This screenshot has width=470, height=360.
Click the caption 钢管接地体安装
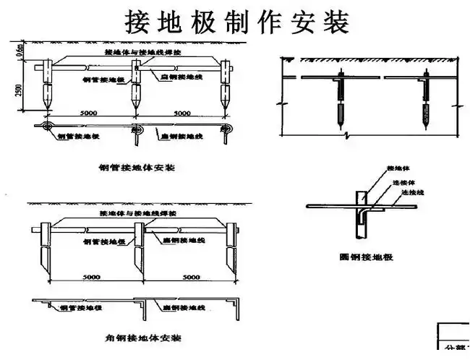pyautogui.click(x=138, y=168)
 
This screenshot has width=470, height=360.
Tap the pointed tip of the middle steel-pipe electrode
pyautogui.click(x=134, y=109)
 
